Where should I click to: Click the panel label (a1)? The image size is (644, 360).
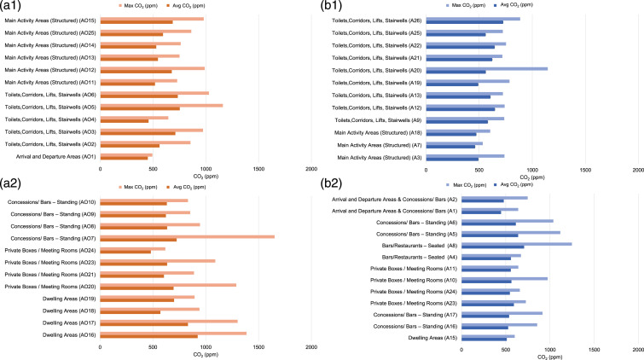click(x=13, y=7)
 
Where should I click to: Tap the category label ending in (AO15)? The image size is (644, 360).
click(x=50, y=20)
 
